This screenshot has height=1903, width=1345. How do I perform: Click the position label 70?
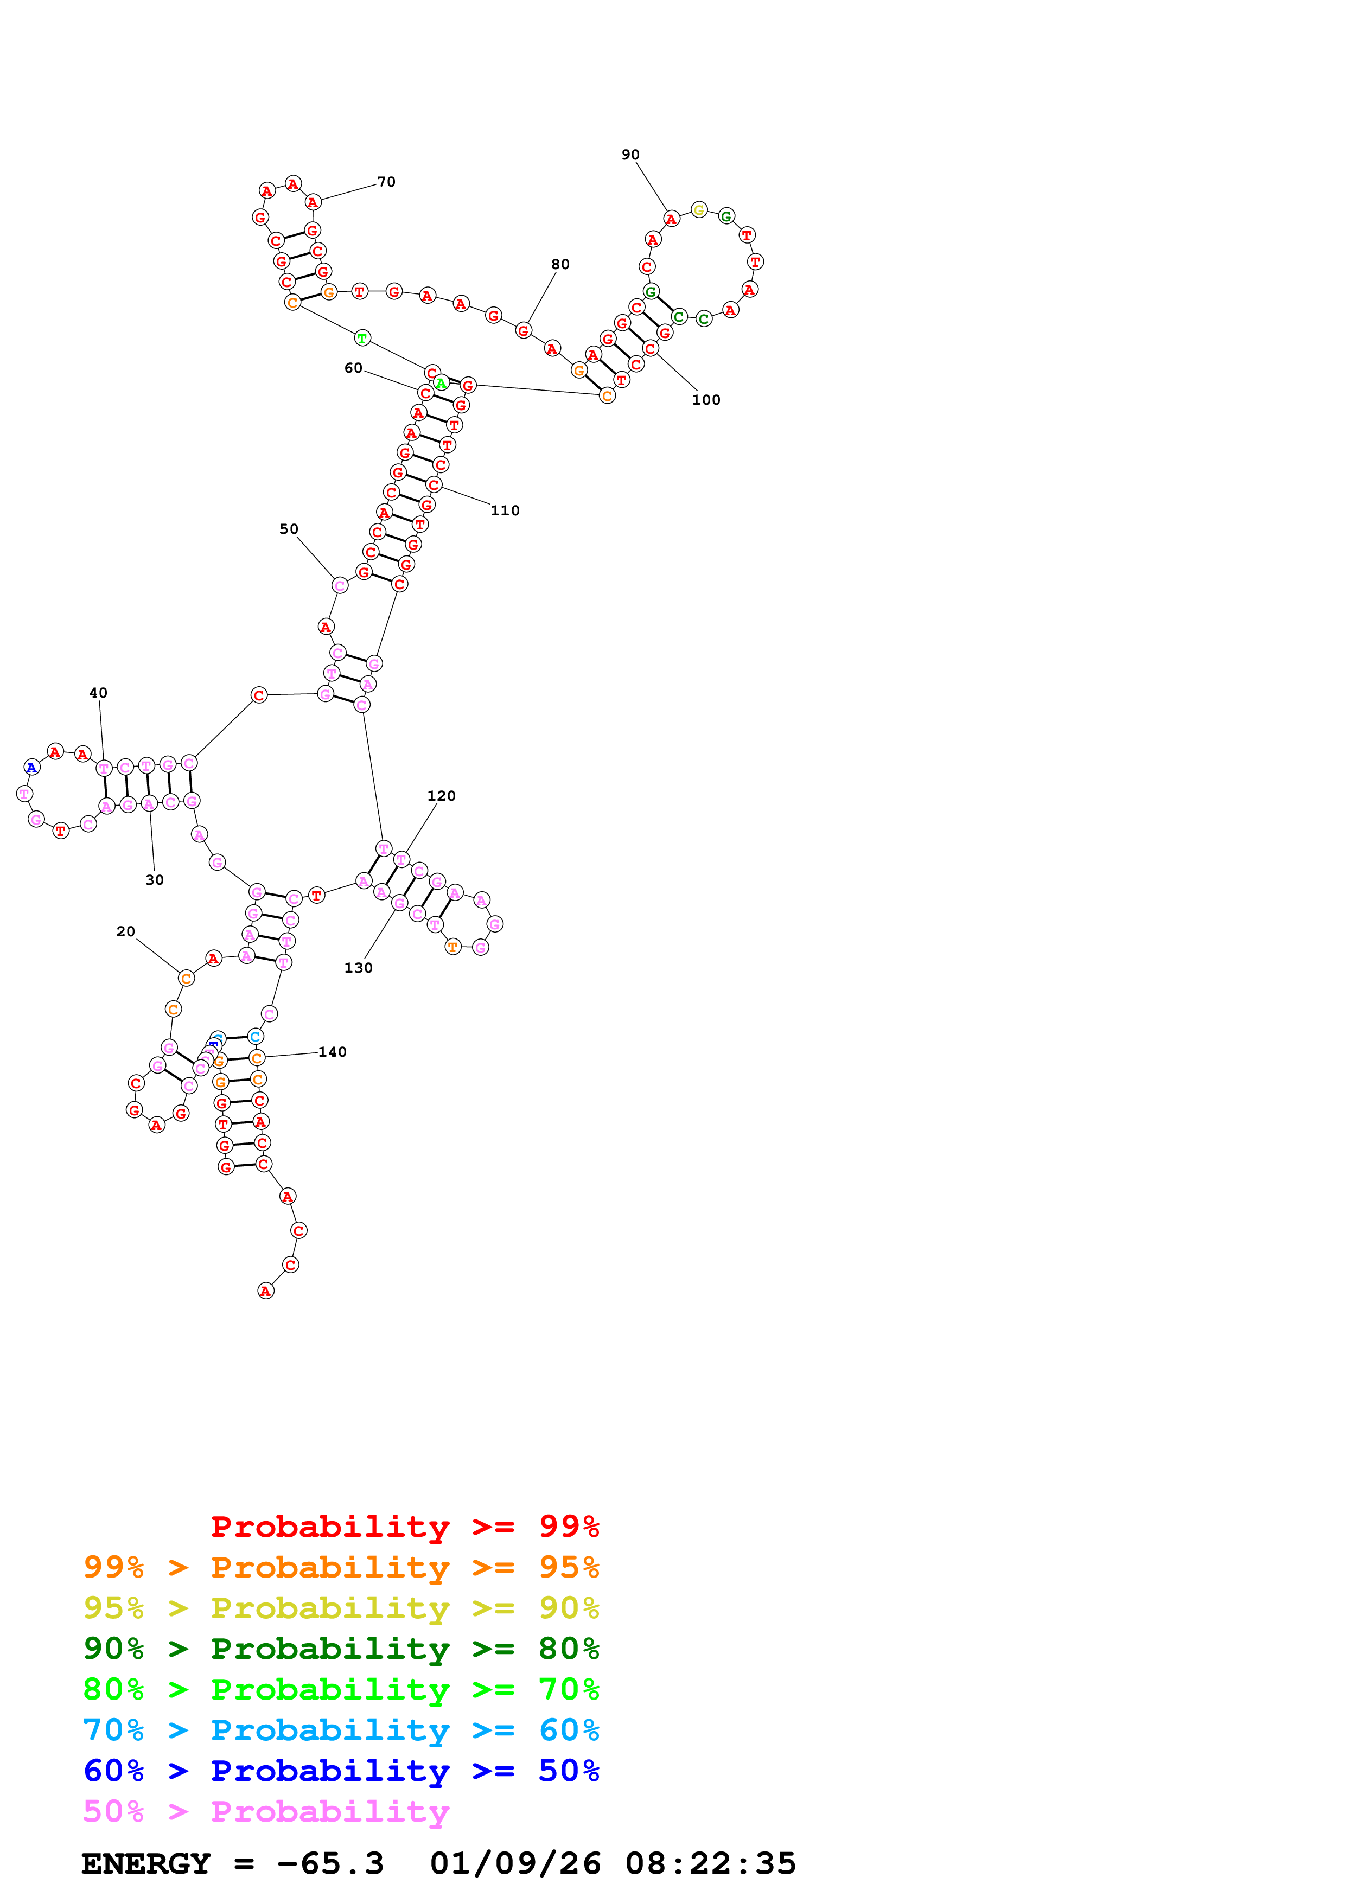(x=386, y=182)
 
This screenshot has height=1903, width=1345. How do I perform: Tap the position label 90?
(x=630, y=155)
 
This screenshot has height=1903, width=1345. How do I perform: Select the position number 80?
(x=560, y=264)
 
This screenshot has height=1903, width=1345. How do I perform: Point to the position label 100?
(x=706, y=399)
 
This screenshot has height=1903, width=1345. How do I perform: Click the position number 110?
(x=505, y=510)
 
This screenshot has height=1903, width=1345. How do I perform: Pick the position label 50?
(x=289, y=529)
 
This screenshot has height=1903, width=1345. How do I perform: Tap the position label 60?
(x=353, y=368)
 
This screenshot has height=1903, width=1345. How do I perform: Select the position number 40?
(x=98, y=693)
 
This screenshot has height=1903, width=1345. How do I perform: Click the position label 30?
(x=154, y=880)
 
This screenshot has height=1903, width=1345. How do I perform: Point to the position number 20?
(x=125, y=931)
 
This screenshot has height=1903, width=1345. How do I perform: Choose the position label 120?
(x=441, y=796)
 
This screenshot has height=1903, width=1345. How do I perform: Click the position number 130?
(x=358, y=968)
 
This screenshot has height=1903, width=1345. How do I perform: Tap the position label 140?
(x=332, y=1052)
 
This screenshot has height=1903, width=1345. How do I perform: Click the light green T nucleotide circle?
(x=362, y=338)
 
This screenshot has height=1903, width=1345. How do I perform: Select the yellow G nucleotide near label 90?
(x=699, y=210)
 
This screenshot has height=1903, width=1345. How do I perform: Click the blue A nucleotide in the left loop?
(x=31, y=768)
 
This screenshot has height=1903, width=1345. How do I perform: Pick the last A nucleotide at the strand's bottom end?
(x=265, y=1291)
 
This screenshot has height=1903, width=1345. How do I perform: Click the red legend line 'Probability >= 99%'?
(x=404, y=1527)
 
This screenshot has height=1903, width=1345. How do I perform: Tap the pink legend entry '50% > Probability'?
(x=266, y=1812)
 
